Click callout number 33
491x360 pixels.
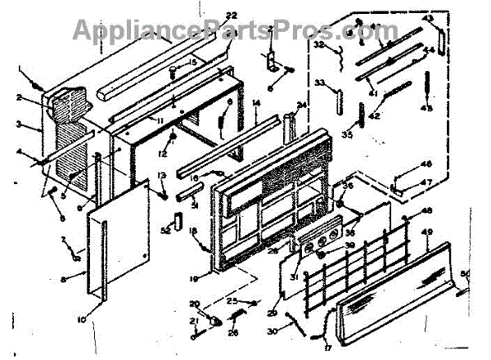pyautogui.click(x=320, y=83)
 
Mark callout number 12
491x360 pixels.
pyautogui.click(x=164, y=154)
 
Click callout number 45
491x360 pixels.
pyautogui.click(x=427, y=109)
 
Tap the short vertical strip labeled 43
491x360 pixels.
pyautogui.click(x=442, y=38)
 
